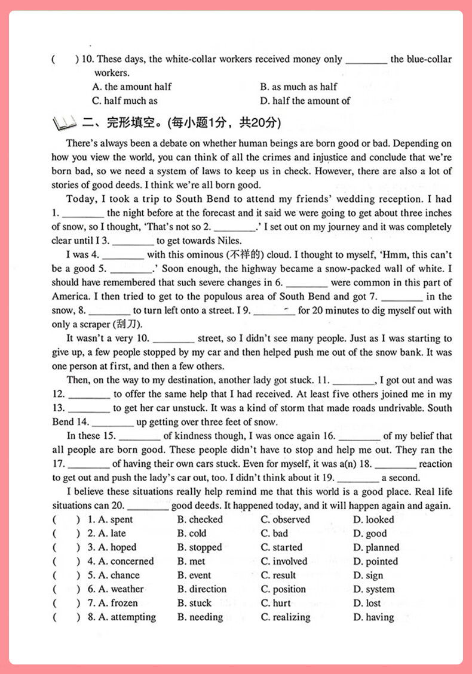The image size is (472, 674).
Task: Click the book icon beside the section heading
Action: tap(65, 124)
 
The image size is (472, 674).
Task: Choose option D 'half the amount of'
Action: tap(305, 101)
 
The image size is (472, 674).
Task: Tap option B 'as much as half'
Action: tap(299, 87)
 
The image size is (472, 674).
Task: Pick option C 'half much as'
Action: tap(125, 101)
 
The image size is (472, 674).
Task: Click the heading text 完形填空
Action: tap(127, 124)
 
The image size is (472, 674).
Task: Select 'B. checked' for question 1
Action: tap(200, 519)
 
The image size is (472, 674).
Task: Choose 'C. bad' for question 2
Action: tap(274, 533)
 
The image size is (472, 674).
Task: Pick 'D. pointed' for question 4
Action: tap(375, 561)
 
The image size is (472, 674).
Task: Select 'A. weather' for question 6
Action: tap(116, 589)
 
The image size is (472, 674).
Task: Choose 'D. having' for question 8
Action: tap(373, 617)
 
